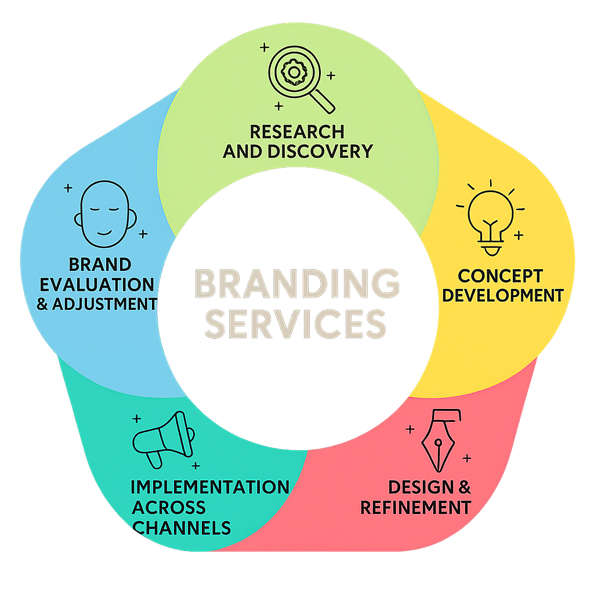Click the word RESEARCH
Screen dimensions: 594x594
[x=297, y=132]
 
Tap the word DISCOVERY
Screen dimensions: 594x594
[x=320, y=151]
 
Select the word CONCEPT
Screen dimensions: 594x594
[x=500, y=275]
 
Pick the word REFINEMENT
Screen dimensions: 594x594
[x=415, y=507]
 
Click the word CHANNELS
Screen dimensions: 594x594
[x=181, y=527]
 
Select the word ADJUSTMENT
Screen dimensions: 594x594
[x=104, y=303]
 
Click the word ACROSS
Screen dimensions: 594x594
[x=169, y=507]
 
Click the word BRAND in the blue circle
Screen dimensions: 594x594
[x=100, y=265]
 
